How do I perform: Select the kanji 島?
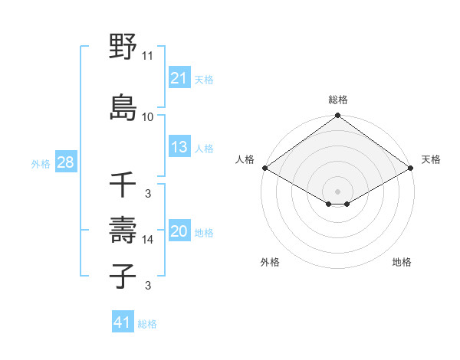click(x=123, y=106)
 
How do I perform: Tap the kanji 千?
click(x=123, y=185)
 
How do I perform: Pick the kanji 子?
click(x=123, y=276)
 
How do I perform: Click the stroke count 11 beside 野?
click(x=147, y=56)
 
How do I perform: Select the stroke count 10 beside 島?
click(x=147, y=116)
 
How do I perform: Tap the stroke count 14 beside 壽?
click(x=147, y=240)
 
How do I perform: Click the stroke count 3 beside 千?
click(x=147, y=194)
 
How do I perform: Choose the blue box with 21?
click(x=179, y=78)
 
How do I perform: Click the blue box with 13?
click(x=179, y=147)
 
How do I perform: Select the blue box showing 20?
click(x=179, y=231)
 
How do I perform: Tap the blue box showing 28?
click(x=65, y=162)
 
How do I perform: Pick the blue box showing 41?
click(x=122, y=322)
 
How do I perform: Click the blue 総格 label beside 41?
click(x=148, y=324)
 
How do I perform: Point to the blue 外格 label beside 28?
click(x=41, y=164)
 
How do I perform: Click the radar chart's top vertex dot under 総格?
click(x=337, y=116)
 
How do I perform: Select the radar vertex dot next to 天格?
click(x=412, y=168)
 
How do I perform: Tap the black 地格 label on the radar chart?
click(x=402, y=262)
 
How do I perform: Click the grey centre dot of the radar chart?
click(x=337, y=191)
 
